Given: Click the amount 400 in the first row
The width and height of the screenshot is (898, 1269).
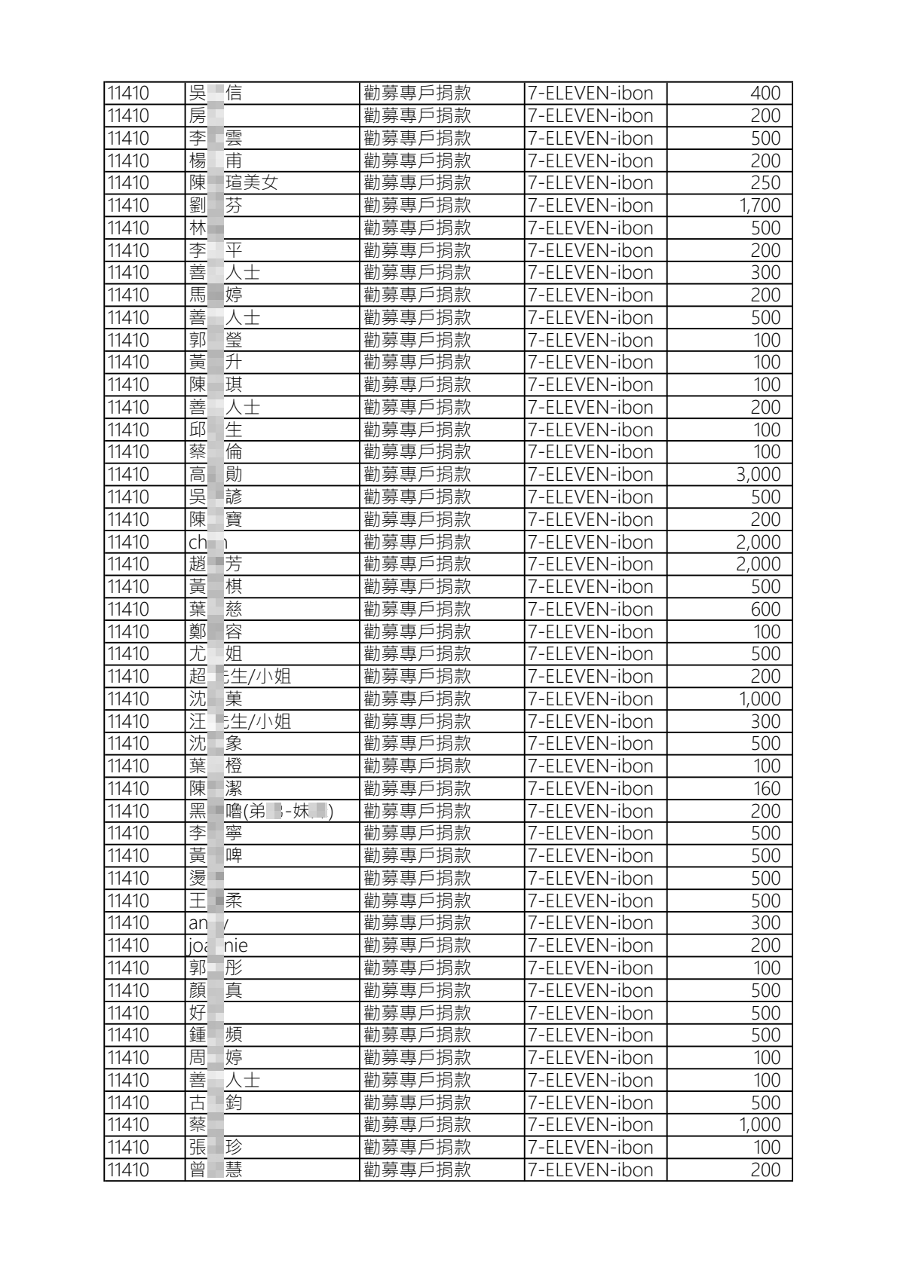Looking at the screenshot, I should pos(765,93).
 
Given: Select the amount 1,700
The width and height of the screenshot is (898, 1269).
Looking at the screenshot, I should pos(759,206).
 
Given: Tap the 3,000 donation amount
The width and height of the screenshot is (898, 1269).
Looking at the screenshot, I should pos(758,475).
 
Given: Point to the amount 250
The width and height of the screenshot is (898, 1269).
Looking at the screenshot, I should pos(765,183).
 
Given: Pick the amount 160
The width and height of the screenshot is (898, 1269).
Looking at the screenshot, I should pos(766,789).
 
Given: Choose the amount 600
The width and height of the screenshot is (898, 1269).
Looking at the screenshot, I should pos(765,610).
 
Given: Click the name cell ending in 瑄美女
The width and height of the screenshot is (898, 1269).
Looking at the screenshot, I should pos(234,183).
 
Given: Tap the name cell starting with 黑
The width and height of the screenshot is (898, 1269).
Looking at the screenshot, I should pos(261,812).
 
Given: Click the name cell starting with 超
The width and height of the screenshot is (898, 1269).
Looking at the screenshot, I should pos(240,677).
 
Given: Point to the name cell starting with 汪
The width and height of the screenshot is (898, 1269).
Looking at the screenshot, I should pos(240,722).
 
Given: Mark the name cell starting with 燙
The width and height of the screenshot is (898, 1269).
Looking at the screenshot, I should pos(207,879).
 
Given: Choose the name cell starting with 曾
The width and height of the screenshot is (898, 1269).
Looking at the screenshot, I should pos(216,1170).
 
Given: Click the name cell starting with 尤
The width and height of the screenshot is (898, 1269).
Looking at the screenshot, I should pos(216,654).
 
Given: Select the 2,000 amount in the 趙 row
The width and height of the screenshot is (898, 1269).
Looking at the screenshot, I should pos(758,564).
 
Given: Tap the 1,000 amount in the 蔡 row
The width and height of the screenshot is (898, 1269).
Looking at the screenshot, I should pos(759,1125).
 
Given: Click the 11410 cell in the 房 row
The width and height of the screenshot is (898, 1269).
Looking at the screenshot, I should pos(129,116).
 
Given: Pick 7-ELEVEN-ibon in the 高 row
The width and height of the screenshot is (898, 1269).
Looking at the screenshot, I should pos(590,475).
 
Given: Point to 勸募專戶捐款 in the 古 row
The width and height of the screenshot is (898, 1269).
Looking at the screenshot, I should pos(417,1103).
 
